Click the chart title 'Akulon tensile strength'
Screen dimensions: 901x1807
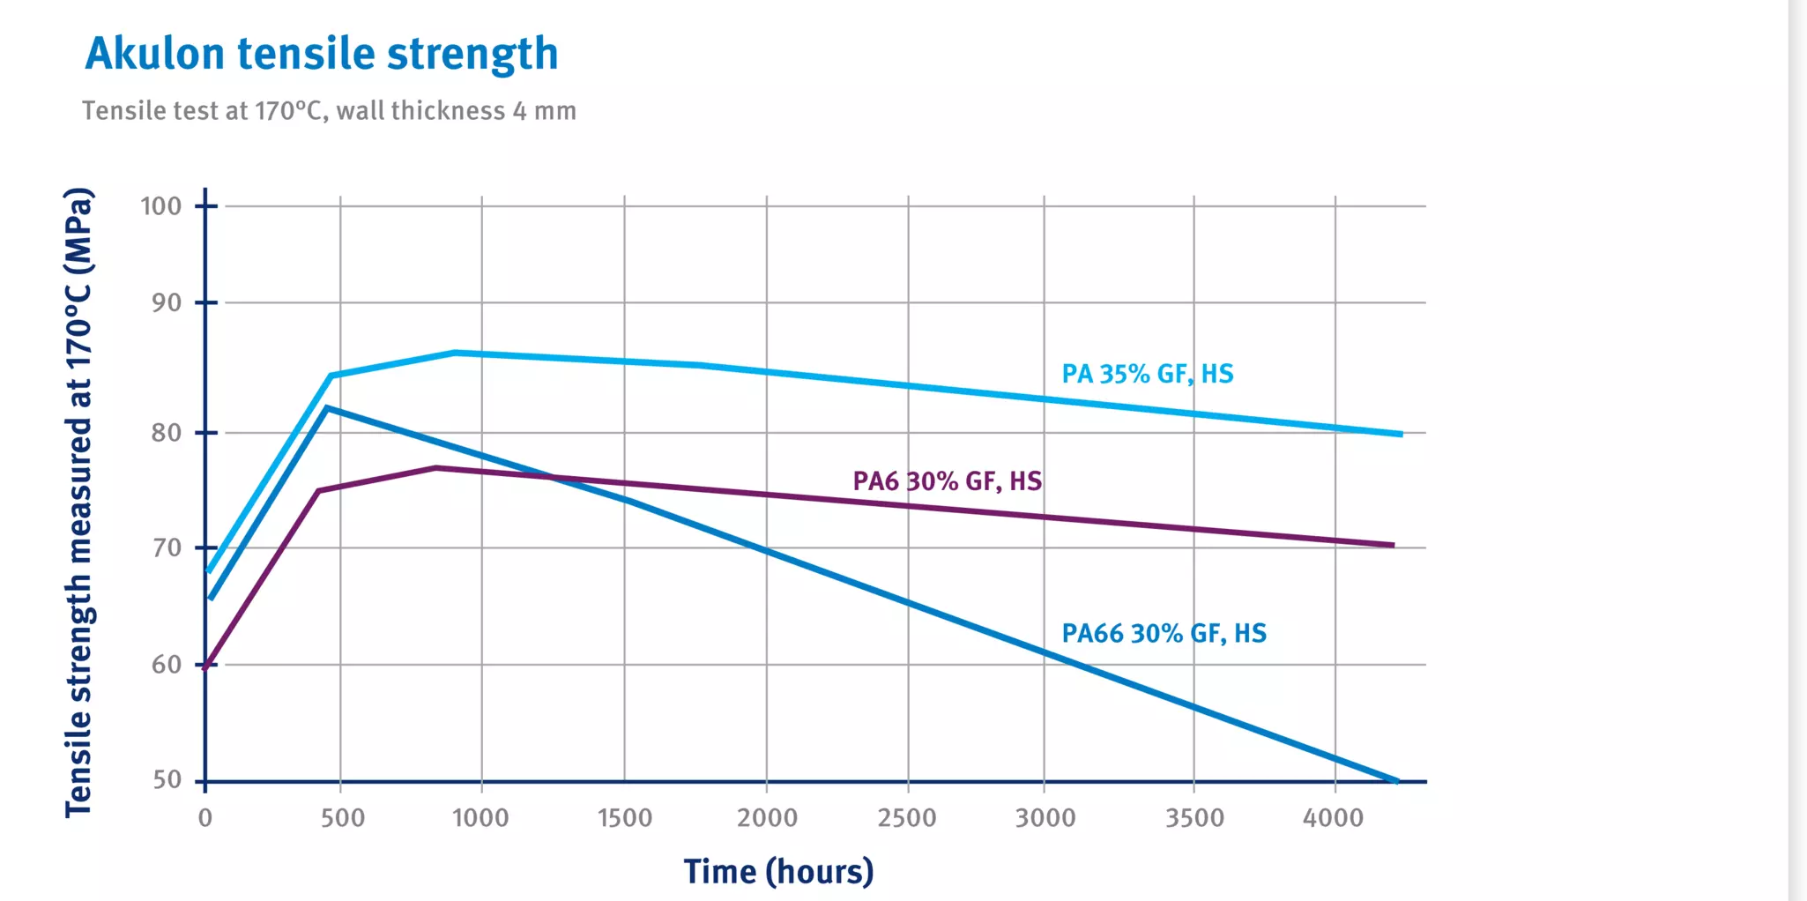[x=322, y=54]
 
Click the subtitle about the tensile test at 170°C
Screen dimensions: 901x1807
[x=329, y=111]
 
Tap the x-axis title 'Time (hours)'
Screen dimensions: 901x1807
[x=778, y=871]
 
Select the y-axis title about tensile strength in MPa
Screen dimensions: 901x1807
[x=78, y=503]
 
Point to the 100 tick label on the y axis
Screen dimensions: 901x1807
[x=160, y=206]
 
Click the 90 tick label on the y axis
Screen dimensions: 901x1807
[x=166, y=303]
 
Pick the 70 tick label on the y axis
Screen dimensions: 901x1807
[x=166, y=548]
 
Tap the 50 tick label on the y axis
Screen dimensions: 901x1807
[x=167, y=780]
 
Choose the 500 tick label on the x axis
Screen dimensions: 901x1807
[x=342, y=818]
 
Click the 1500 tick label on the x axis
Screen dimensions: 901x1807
[x=625, y=818]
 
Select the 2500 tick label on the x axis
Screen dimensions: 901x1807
[x=907, y=818]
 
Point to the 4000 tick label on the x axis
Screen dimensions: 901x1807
[x=1333, y=818]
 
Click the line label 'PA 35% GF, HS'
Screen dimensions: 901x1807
[x=1147, y=374]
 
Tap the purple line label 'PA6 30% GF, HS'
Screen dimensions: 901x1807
[x=947, y=481]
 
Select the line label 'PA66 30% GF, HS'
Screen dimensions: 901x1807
[x=1164, y=633]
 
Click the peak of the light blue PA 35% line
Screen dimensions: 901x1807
[x=455, y=353]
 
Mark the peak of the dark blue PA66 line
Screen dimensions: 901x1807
[x=327, y=407]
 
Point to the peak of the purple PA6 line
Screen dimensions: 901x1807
[x=435, y=467]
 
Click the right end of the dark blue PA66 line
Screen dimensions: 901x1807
[x=1396, y=780]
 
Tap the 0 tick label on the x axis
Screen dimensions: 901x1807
[x=205, y=818]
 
